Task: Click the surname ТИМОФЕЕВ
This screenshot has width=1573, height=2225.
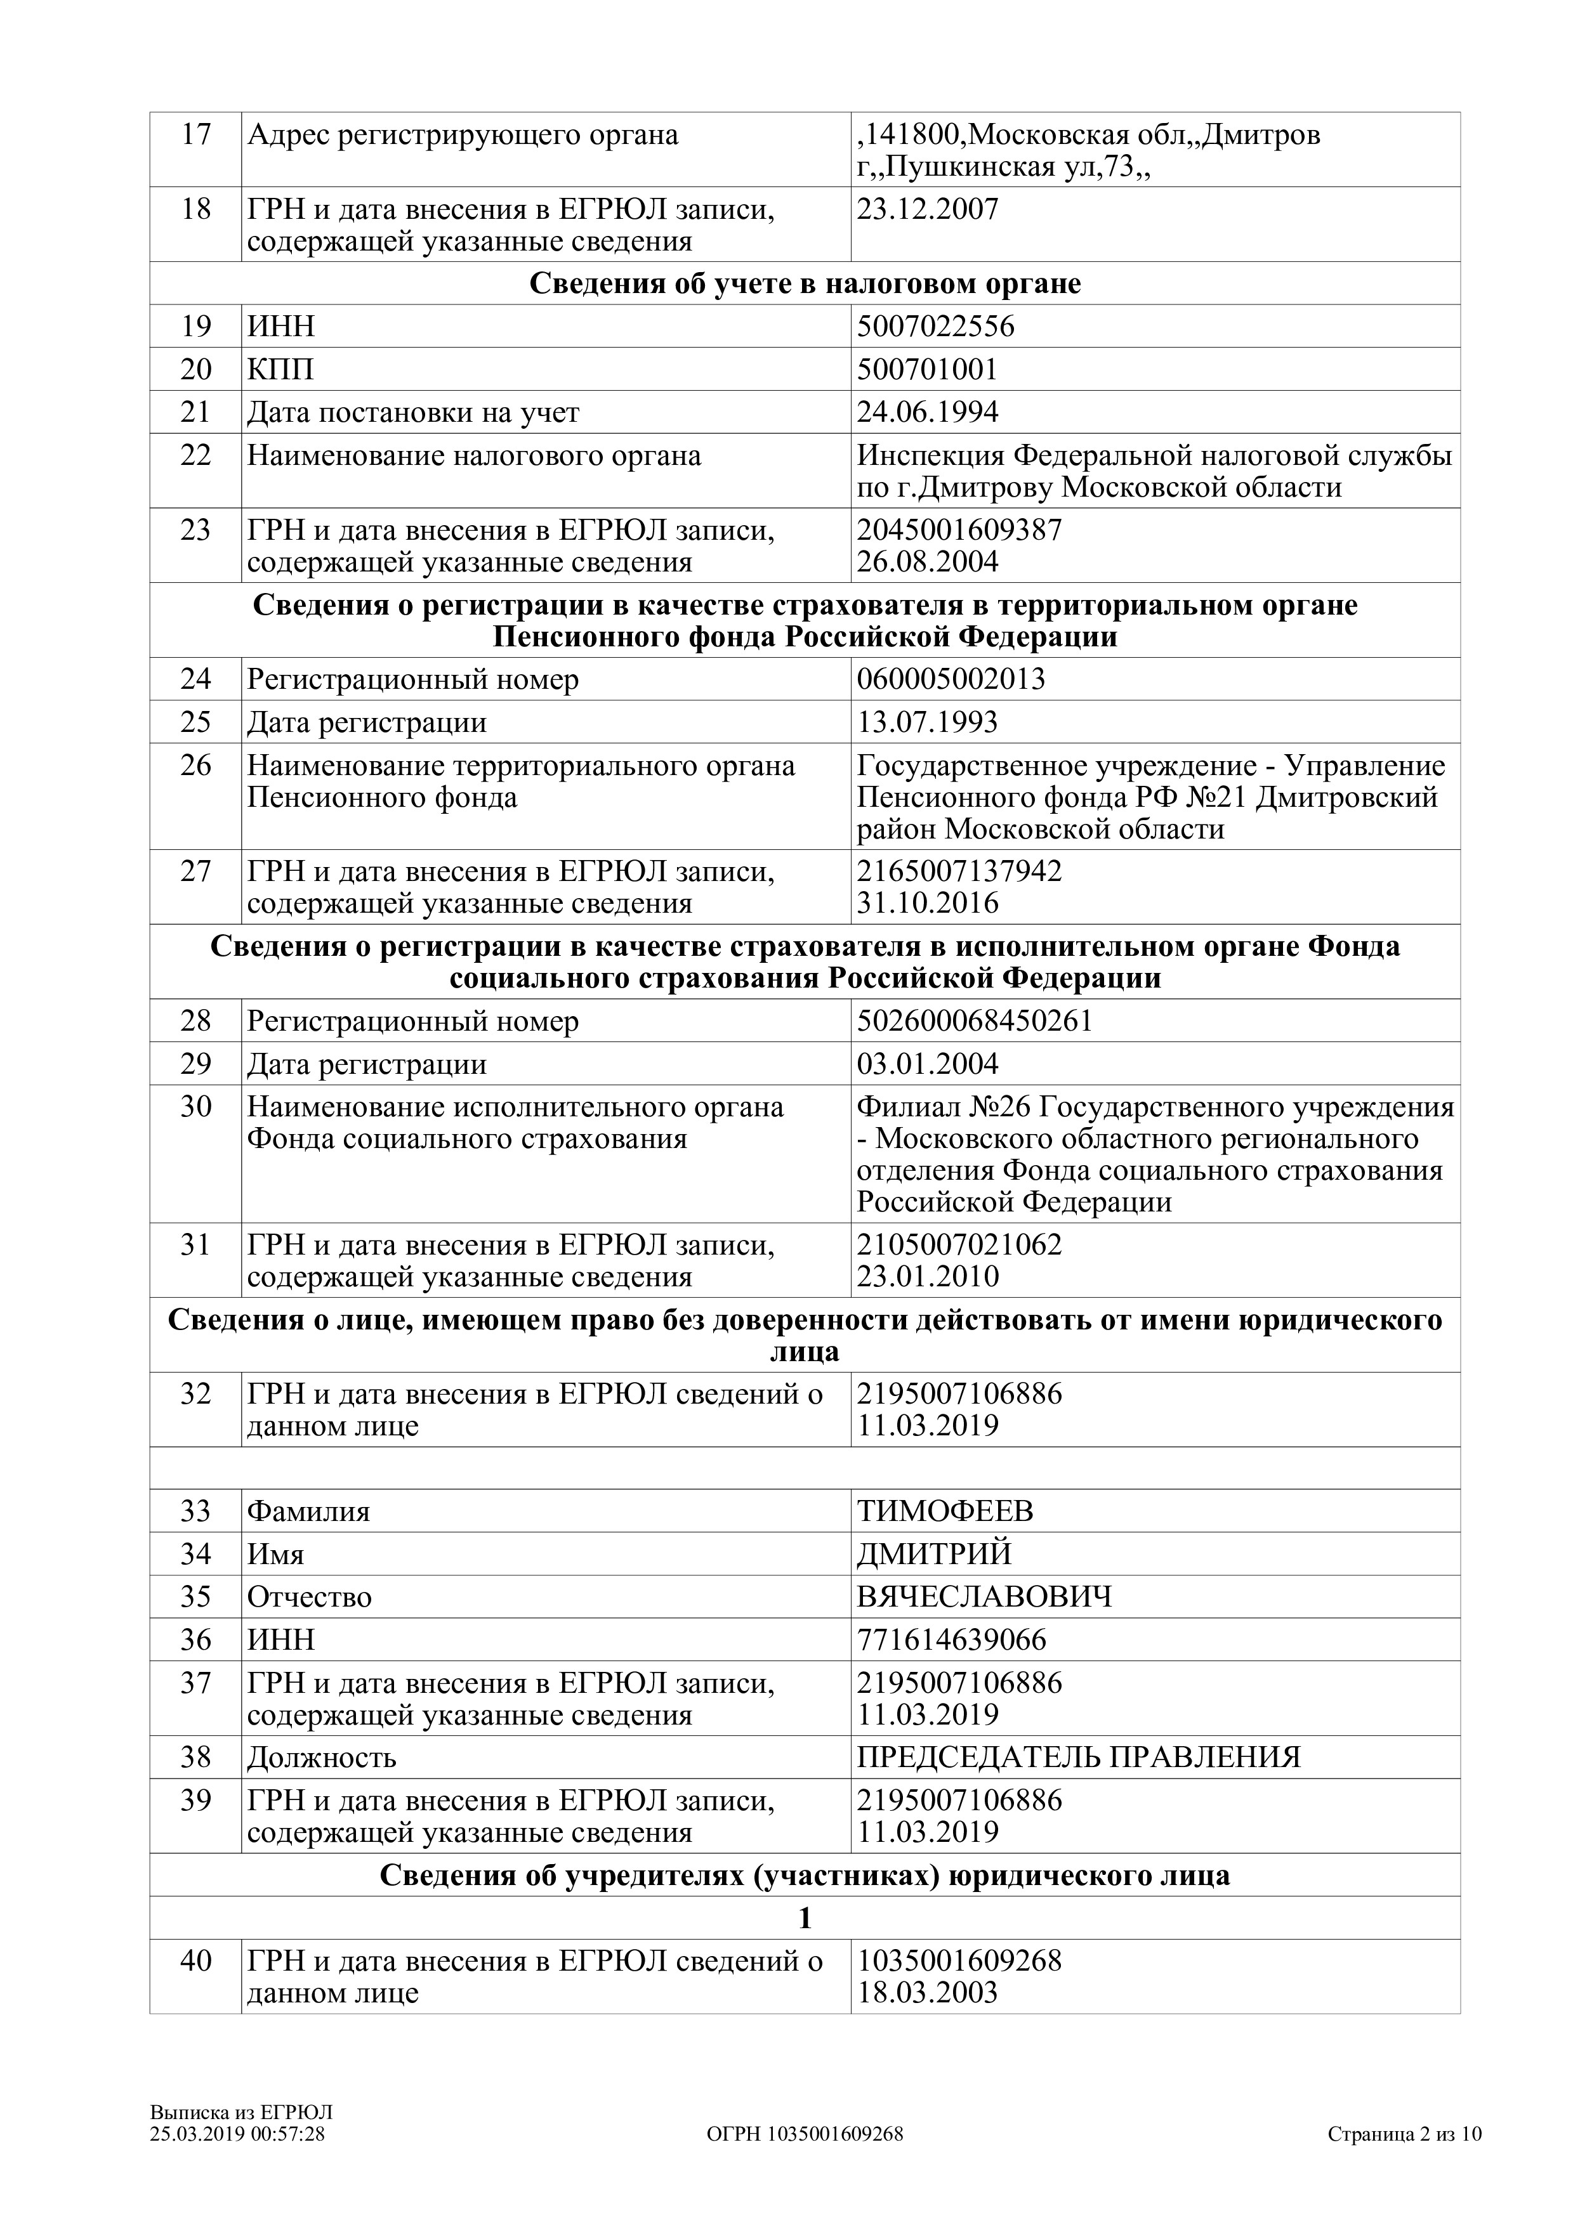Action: point(945,1511)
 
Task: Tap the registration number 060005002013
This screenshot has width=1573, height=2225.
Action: point(951,679)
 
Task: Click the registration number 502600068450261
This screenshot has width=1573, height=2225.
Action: point(974,1021)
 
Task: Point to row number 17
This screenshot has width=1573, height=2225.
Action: point(196,134)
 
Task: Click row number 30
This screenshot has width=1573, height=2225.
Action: point(196,1107)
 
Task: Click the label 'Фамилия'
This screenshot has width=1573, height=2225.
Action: point(308,1511)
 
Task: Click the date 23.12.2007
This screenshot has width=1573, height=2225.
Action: point(928,209)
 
